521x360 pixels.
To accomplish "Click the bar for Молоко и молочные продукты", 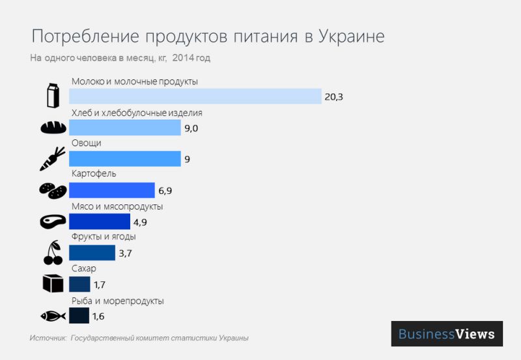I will point(195,96).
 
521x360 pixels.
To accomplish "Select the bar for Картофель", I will point(111,190).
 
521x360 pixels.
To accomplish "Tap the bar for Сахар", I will point(79,284).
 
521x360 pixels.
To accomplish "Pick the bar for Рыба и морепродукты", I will point(79,316).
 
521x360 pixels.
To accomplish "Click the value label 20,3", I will point(333,97).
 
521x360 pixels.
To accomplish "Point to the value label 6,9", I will point(165,191).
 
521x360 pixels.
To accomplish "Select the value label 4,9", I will point(141,222).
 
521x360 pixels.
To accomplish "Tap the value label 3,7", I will point(125,253).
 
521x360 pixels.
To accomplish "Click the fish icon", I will point(52,316).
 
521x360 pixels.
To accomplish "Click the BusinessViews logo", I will point(447,334).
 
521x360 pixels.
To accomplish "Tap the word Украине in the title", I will point(351,36).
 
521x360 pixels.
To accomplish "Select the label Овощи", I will point(86,143).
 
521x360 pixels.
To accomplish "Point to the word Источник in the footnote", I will point(48,339).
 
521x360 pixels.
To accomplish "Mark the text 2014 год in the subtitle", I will point(191,58).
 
